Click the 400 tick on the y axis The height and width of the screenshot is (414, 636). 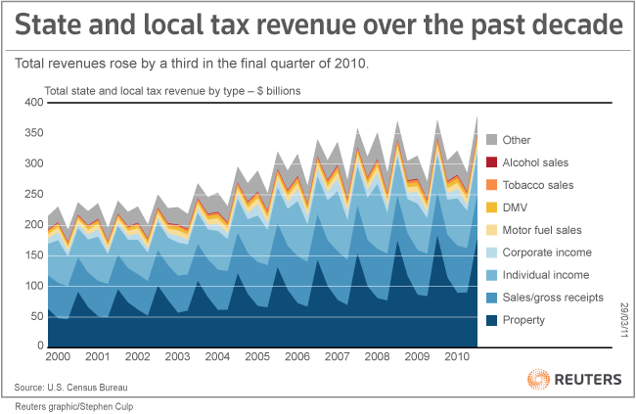click(31, 103)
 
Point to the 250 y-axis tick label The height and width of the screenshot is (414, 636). click(31, 195)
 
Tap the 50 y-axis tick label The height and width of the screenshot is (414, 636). click(35, 317)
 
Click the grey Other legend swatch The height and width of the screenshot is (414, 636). click(492, 139)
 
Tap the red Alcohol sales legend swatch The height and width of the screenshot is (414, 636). click(492, 161)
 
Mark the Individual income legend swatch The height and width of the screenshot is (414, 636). click(492, 274)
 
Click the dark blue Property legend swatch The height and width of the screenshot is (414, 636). click(492, 319)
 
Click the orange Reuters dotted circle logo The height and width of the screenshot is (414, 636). click(538, 378)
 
